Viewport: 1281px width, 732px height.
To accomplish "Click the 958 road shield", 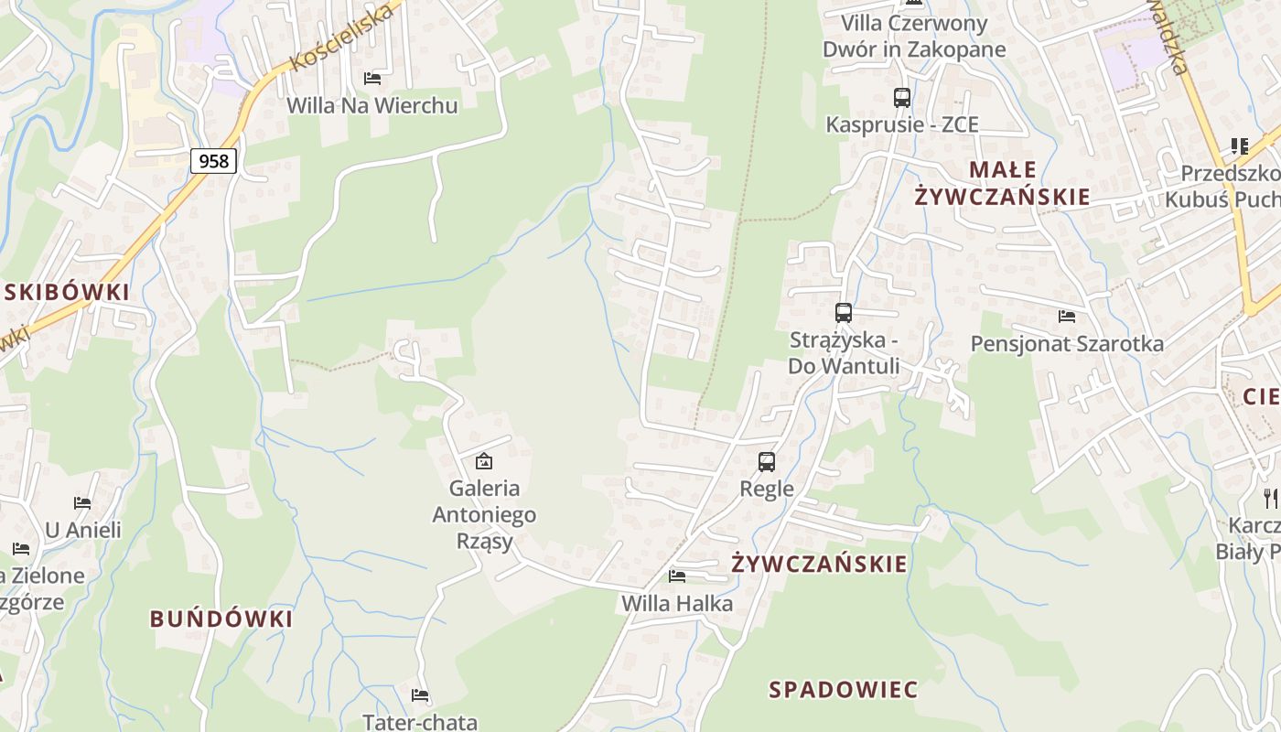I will pos(214,161).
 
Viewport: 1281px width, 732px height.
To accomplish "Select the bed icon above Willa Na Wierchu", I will pos(371,79).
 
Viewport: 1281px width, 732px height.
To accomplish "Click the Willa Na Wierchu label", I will pos(371,105).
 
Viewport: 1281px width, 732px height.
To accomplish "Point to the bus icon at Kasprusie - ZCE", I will pos(902,97).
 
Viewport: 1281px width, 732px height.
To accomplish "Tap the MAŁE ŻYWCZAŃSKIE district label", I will pos(1003,183).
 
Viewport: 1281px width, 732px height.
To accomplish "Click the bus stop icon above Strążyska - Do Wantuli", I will pos(844,313).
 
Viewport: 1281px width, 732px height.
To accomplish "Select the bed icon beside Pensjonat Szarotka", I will pos(1067,317).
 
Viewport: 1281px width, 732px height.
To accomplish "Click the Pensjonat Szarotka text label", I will pos(1067,344).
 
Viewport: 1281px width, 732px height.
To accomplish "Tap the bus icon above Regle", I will pos(767,462).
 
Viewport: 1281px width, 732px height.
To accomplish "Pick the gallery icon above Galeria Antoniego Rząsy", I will pos(484,461).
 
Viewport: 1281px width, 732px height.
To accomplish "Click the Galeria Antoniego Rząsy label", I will pos(484,514).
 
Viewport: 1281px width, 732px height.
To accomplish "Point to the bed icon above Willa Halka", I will pos(677,576).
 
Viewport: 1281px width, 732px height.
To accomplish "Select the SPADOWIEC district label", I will pos(843,690).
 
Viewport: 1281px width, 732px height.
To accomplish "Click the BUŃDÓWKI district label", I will pos(221,619).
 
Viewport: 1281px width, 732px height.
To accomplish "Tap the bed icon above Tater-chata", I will pos(420,695).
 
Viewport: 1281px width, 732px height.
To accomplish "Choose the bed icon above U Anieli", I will pos(82,503).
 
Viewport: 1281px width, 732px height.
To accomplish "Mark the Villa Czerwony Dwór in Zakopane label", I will pos(914,37).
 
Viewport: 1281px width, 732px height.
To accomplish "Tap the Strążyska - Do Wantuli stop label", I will pos(844,353).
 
